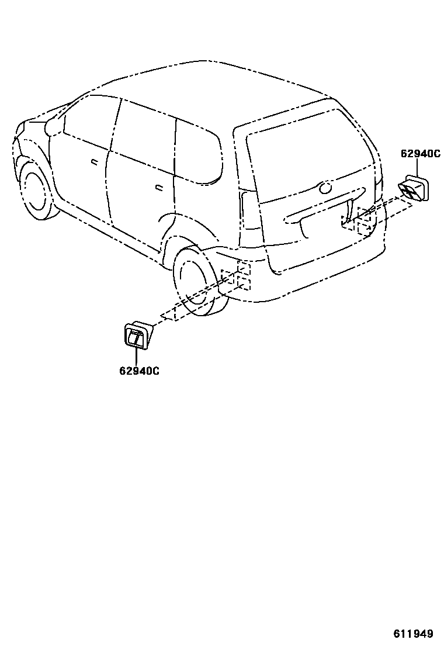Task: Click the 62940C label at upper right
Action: tap(420, 154)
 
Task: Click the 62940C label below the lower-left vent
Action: tap(140, 370)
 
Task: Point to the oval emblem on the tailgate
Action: tap(325, 188)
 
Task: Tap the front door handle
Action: tap(94, 161)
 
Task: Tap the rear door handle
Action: tap(159, 188)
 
